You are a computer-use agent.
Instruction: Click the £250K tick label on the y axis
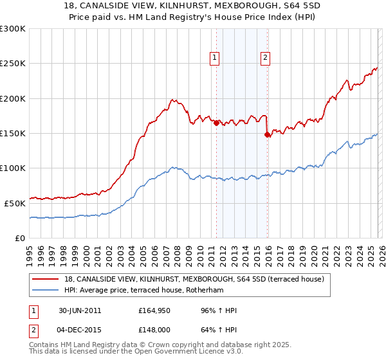(13, 64)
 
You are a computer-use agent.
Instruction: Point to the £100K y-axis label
(13, 168)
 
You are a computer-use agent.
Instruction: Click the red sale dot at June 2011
(216, 122)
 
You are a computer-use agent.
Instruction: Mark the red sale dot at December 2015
(267, 134)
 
